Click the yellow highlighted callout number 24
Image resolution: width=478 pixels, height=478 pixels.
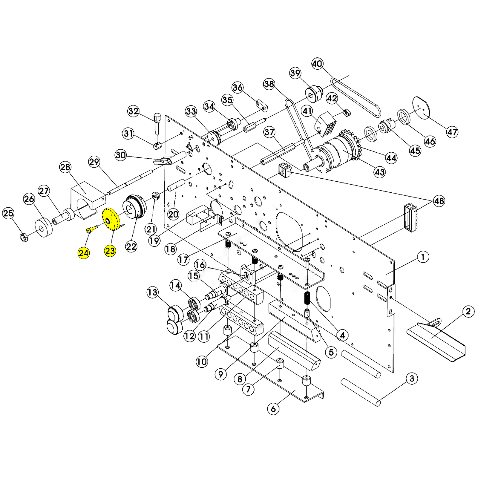(84, 253)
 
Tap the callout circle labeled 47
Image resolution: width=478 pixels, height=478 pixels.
(452, 132)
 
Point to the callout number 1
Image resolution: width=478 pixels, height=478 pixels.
(423, 257)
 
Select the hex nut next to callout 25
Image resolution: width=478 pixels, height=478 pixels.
(24, 238)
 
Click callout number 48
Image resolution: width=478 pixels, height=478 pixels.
(439, 201)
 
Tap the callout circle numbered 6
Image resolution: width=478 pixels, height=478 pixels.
(273, 408)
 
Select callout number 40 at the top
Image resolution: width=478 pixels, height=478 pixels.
(317, 63)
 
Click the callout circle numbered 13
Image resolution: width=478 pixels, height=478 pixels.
(152, 292)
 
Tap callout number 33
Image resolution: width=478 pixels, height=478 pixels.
(191, 111)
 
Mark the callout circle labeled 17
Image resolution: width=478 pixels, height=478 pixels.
(183, 260)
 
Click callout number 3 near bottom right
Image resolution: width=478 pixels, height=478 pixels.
(412, 379)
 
